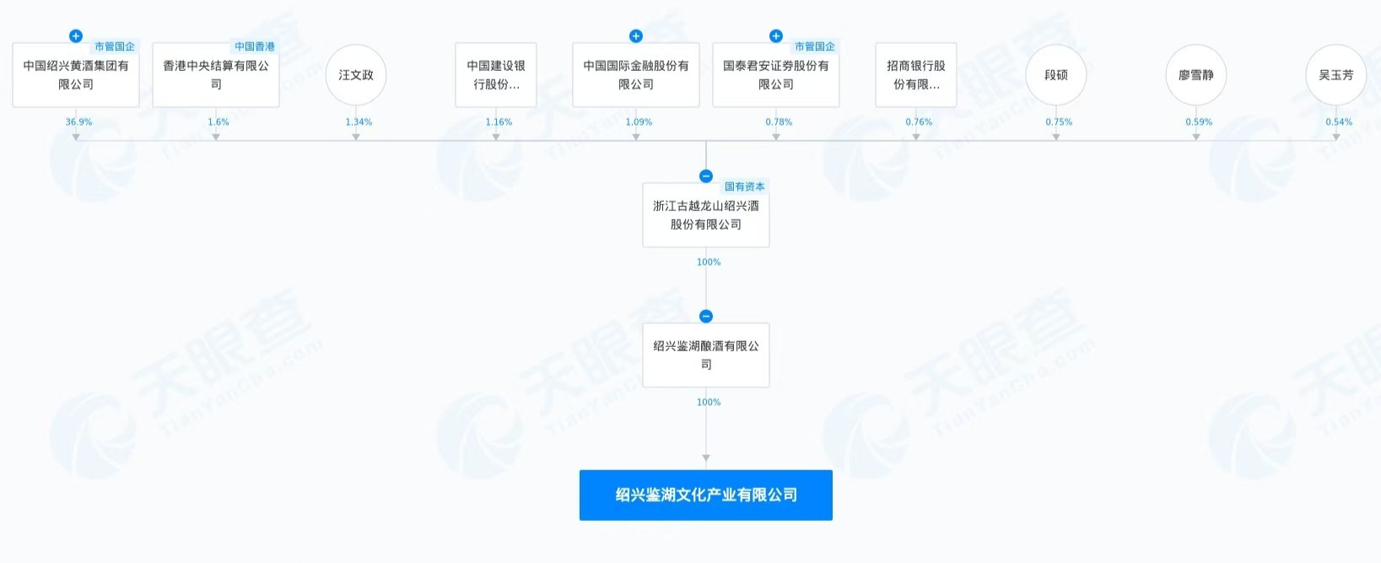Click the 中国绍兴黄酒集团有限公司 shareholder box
(76, 74)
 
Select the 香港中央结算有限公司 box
(216, 74)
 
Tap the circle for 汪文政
(356, 74)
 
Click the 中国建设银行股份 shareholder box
(496, 74)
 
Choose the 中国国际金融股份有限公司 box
(635, 74)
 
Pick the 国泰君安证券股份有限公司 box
(775, 74)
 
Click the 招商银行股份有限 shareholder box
(916, 74)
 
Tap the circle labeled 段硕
(1056, 74)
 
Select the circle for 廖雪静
(1196, 74)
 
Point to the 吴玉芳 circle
(1336, 74)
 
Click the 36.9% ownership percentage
(79, 122)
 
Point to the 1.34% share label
(359, 122)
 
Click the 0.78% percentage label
(779, 122)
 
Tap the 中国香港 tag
(255, 46)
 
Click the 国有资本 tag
(744, 187)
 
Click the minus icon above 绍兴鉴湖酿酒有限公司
(706, 317)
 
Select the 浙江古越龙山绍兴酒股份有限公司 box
(706, 214)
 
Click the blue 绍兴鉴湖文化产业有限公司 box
(706, 495)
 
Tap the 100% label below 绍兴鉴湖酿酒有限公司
(709, 402)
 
